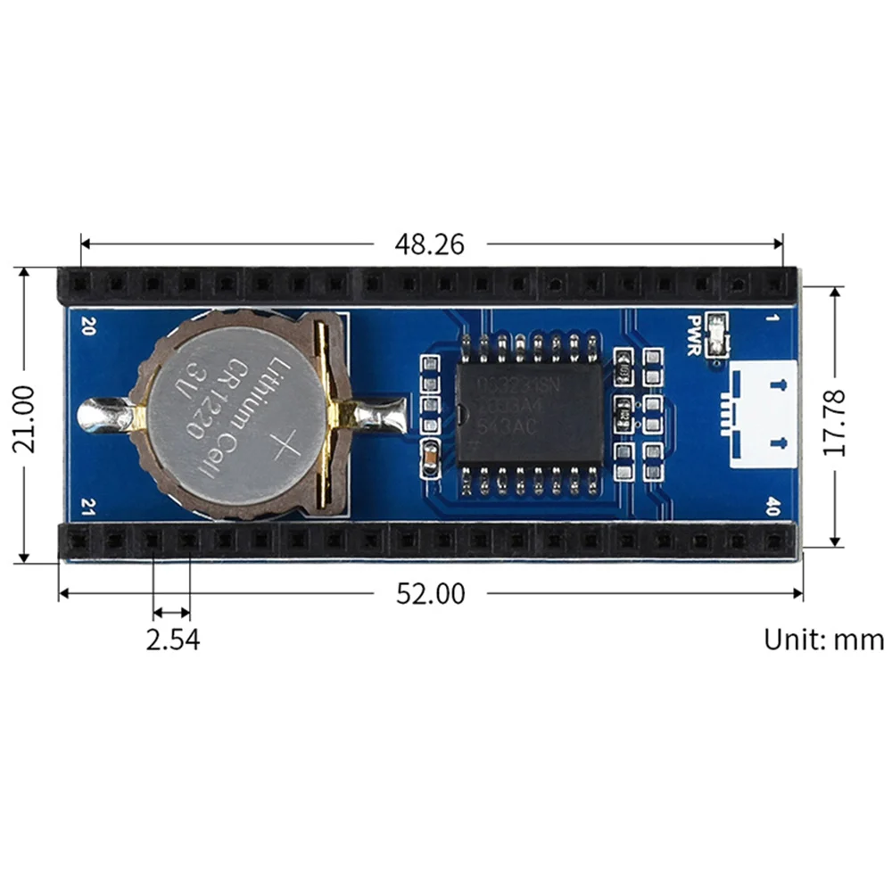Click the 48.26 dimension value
click(x=431, y=244)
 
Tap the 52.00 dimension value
click(x=431, y=594)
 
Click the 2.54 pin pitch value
click(x=171, y=640)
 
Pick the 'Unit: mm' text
click(x=823, y=640)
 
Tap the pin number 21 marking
click(x=87, y=505)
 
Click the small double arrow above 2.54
click(x=171, y=613)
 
